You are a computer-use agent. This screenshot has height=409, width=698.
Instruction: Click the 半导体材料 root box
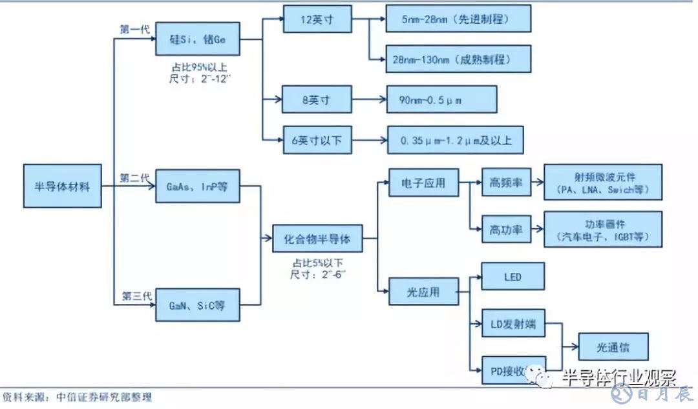63,186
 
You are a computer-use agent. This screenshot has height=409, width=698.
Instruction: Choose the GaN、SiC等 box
197,304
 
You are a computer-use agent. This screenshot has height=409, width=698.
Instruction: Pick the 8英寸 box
317,100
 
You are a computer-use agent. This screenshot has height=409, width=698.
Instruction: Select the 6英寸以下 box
317,139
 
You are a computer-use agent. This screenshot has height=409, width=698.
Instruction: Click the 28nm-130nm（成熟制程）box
458,58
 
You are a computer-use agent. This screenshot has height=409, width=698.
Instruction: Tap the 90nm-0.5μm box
441,100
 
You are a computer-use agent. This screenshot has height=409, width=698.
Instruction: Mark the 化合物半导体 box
317,239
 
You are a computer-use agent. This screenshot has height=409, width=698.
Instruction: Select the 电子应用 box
423,183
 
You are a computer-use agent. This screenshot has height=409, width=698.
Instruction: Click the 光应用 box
423,292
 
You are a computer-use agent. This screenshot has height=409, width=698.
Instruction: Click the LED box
513,277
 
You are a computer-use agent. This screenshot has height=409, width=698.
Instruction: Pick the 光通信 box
613,348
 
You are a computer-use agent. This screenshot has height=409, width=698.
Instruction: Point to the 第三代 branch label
136,296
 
